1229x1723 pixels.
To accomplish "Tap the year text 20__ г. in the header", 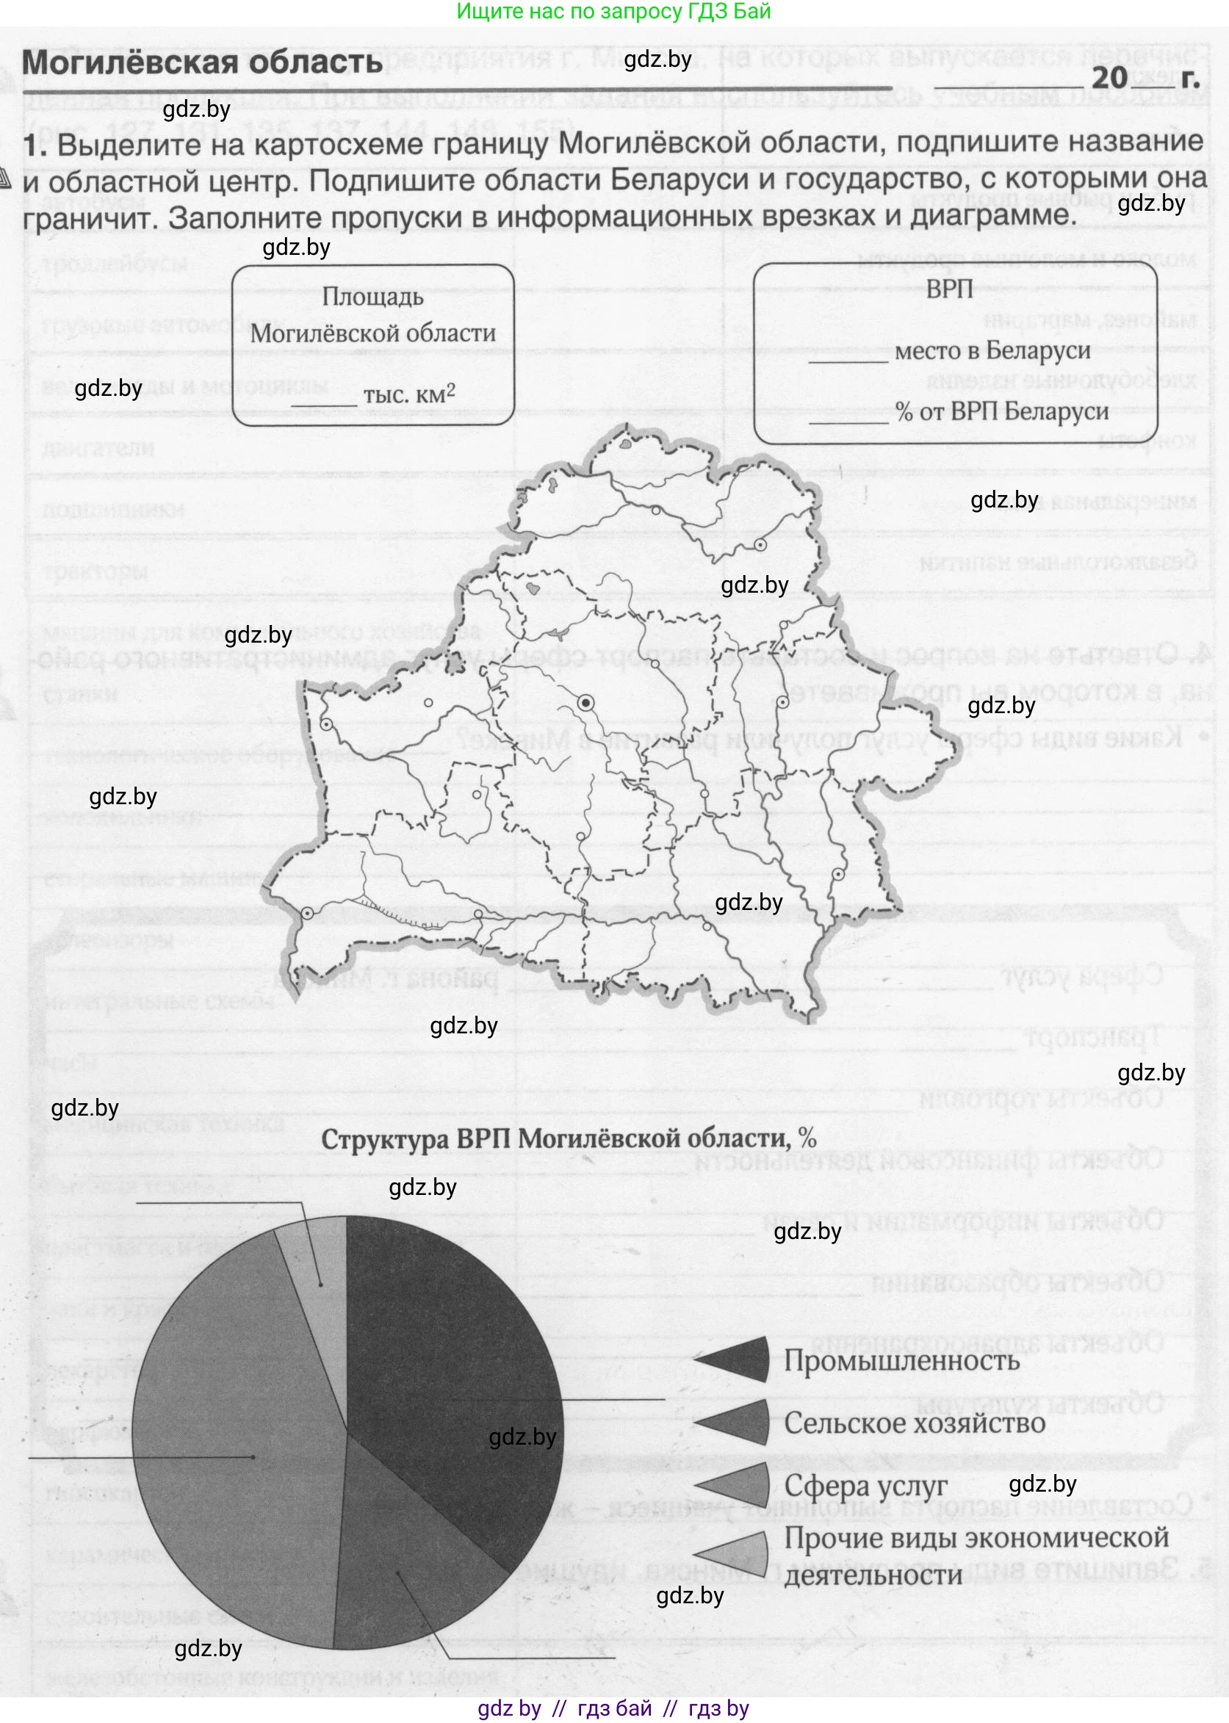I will pos(1144,77).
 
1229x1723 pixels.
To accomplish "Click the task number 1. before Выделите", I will pos(35,145).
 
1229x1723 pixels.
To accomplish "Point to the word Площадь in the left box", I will pos(372,297).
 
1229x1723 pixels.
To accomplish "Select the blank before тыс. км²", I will pos(324,399).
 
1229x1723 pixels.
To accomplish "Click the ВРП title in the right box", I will pos(949,289).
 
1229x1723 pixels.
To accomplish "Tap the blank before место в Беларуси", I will pos(848,355).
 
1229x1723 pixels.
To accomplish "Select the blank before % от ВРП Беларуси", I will pos(848,416).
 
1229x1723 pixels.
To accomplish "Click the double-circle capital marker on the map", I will pos(585,703).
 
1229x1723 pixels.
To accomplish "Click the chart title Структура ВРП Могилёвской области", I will pos(569,1138).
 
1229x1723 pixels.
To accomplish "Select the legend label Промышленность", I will pos(901,1360).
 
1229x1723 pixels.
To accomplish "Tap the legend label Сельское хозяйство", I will pos(914,1423).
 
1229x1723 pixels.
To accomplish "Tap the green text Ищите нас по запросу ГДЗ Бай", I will pos(613,11).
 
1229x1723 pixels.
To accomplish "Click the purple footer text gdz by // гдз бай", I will pos(613,1708).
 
